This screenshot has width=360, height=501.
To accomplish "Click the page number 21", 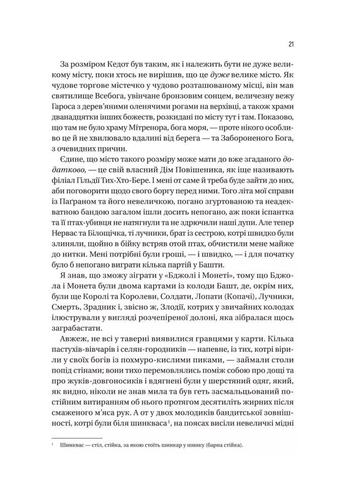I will coord(292,43).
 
